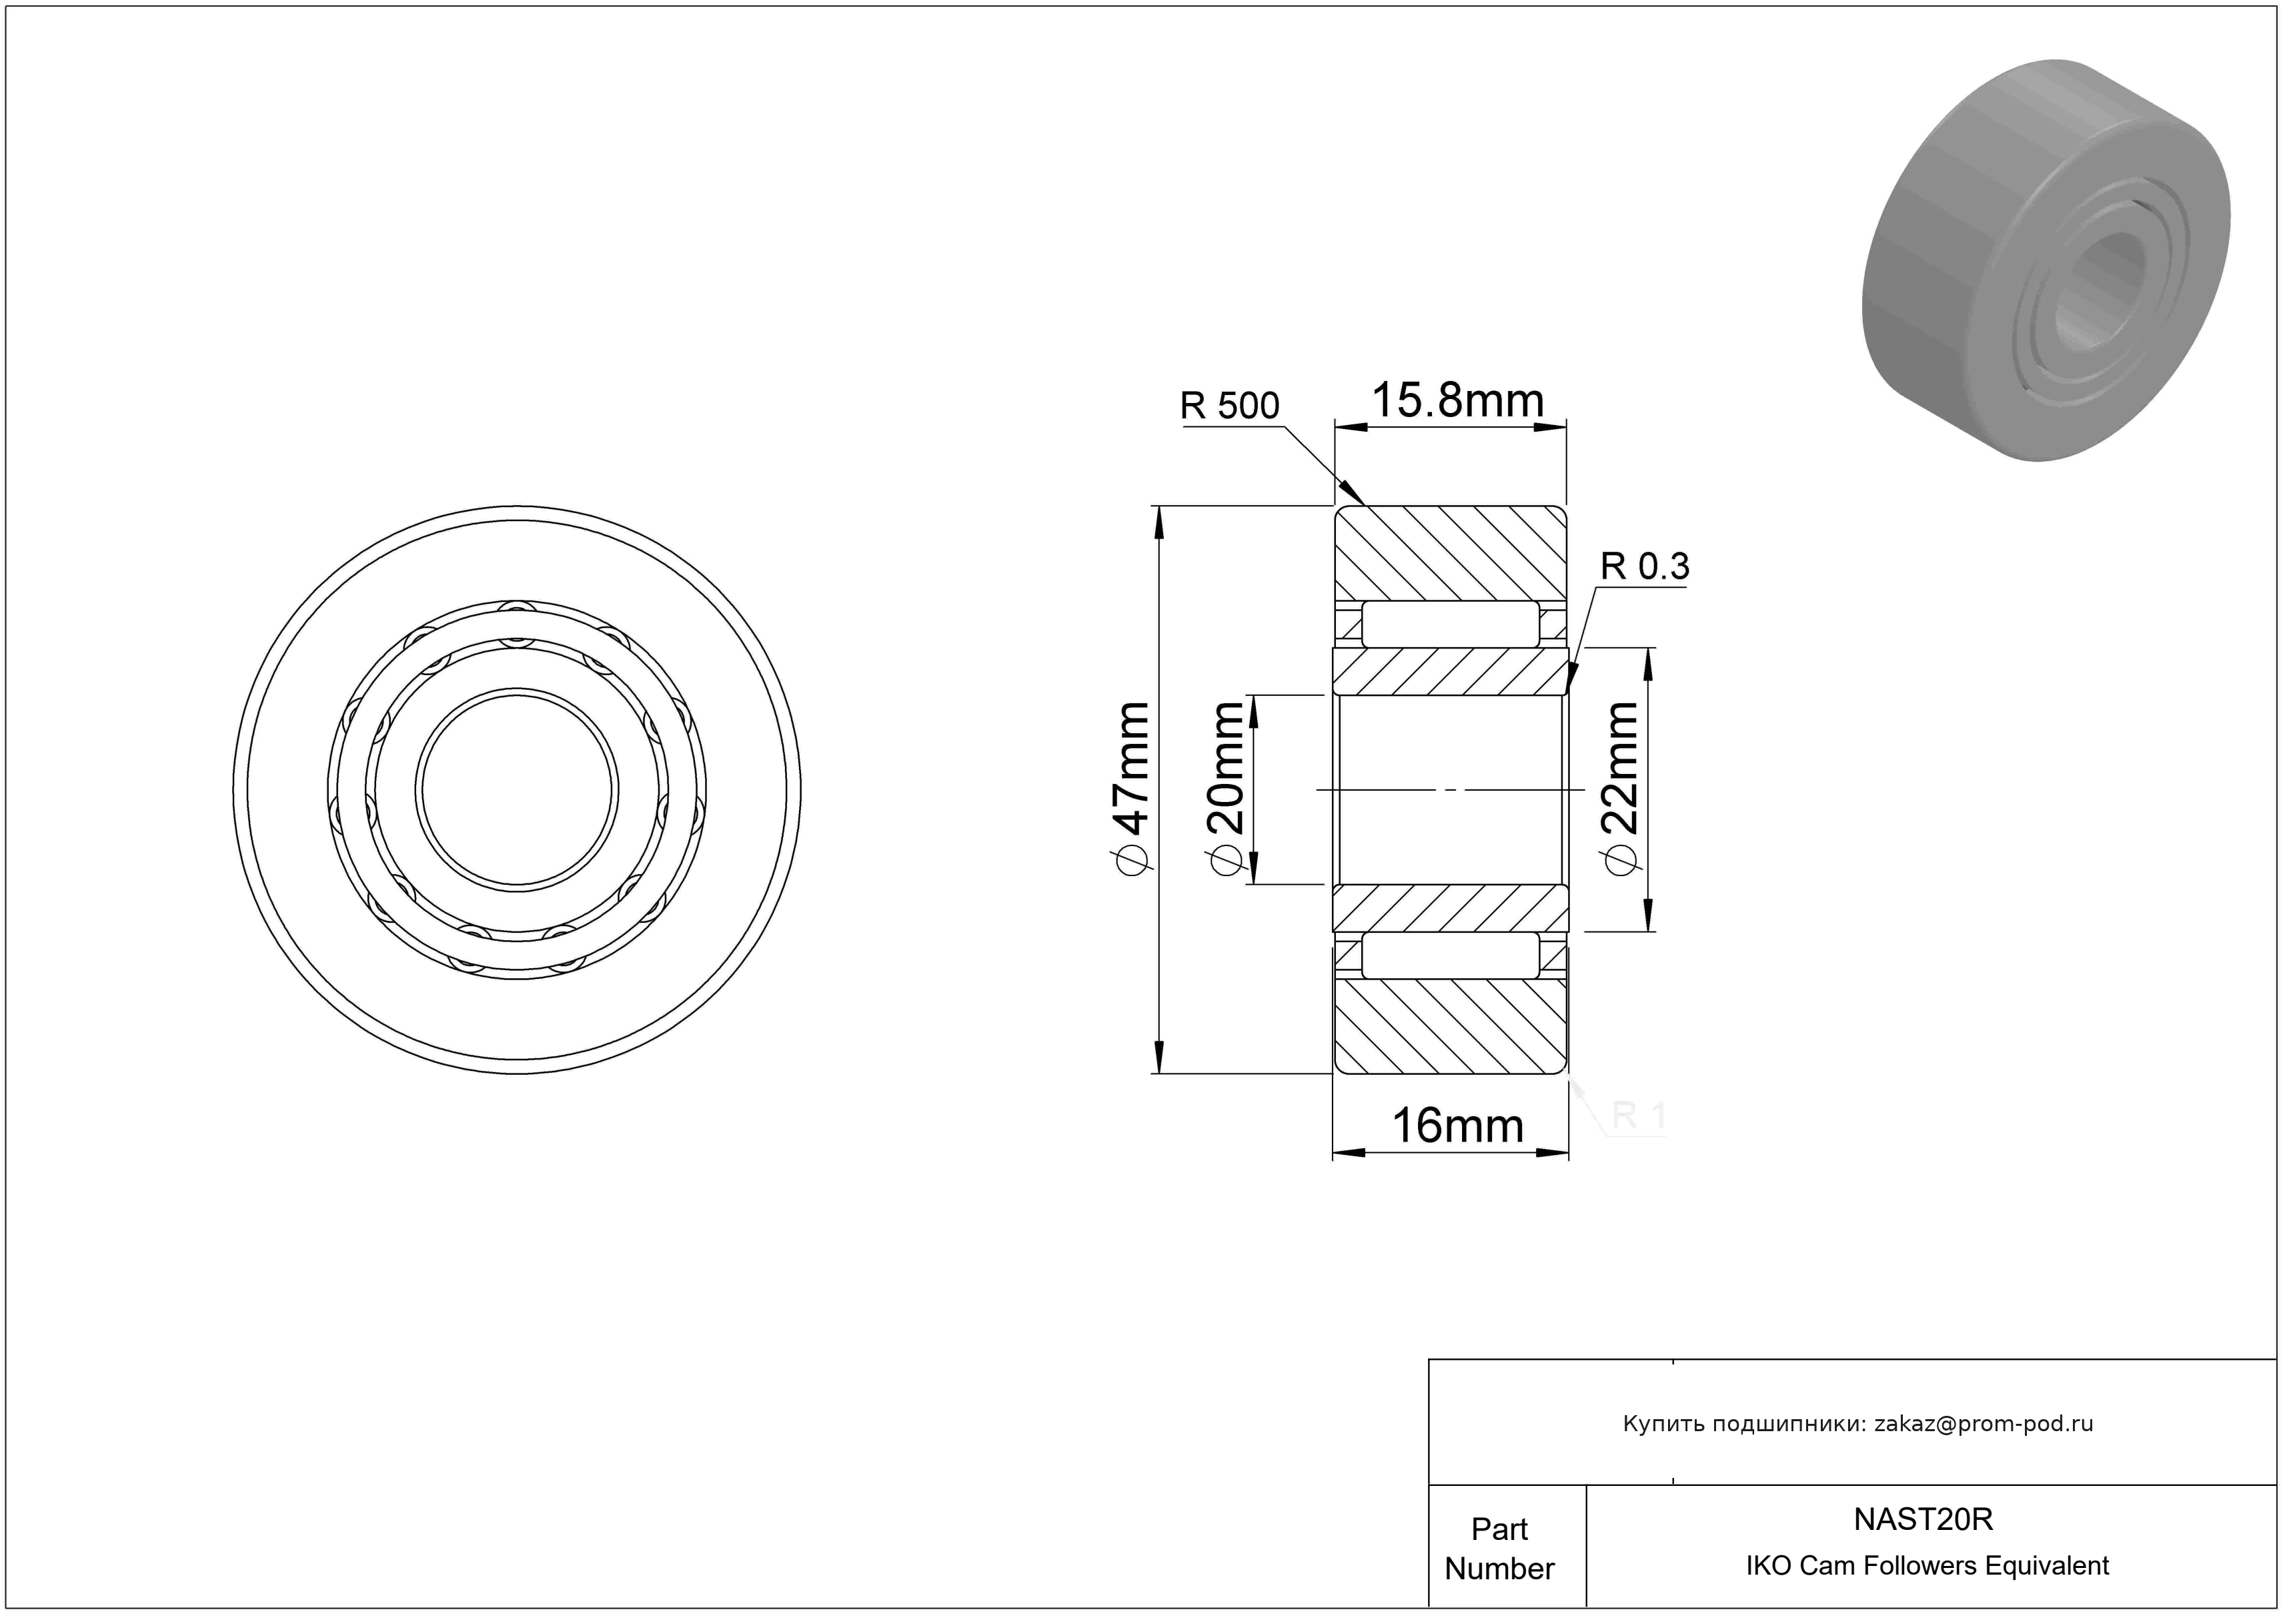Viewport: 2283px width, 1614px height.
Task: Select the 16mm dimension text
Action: click(1458, 1126)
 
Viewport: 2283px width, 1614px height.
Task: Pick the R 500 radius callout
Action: click(1229, 406)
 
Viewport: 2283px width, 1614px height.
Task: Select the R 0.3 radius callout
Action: click(1645, 566)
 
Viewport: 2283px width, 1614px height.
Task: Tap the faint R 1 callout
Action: click(1637, 1116)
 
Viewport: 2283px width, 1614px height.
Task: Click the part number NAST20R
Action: click(1923, 1519)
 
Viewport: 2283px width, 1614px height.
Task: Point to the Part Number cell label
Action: click(1499, 1549)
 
